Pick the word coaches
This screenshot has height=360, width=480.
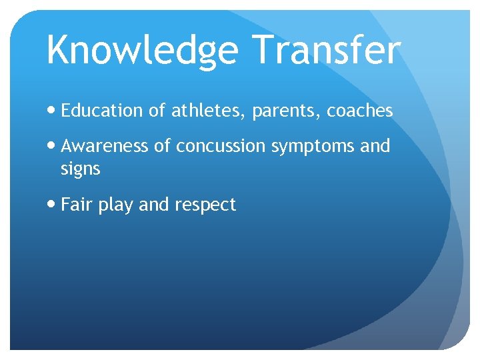click(x=359, y=111)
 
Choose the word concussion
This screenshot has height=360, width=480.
click(x=220, y=146)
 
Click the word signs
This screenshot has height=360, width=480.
click(x=80, y=170)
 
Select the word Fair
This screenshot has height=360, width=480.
click(x=76, y=205)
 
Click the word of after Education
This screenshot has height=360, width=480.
click(x=157, y=111)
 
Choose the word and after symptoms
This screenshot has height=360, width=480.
click(x=375, y=146)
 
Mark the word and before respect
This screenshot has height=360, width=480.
click(x=154, y=205)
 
